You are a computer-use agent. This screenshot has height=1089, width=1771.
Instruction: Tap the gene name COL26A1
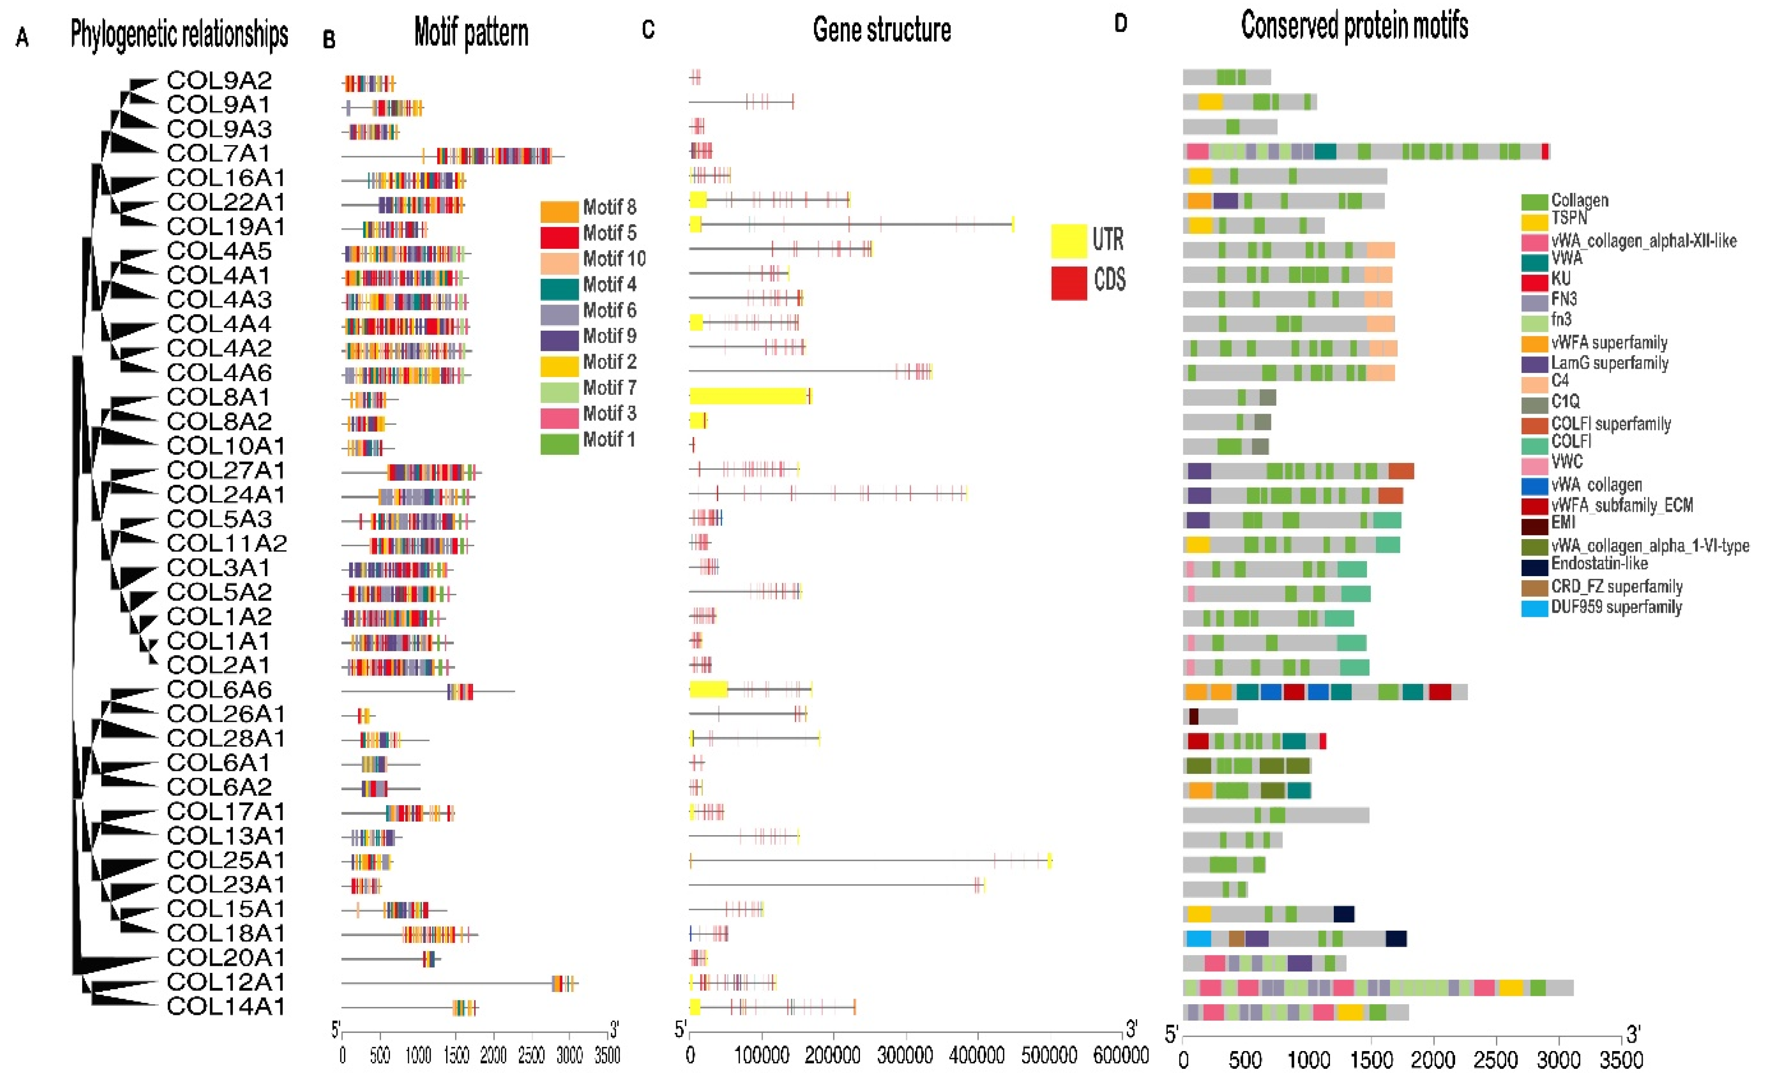225,714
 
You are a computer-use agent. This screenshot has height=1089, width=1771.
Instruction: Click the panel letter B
329,40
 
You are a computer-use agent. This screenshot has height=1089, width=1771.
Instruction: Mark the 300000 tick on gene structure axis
905,1056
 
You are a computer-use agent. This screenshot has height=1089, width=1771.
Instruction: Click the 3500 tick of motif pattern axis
607,1056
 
